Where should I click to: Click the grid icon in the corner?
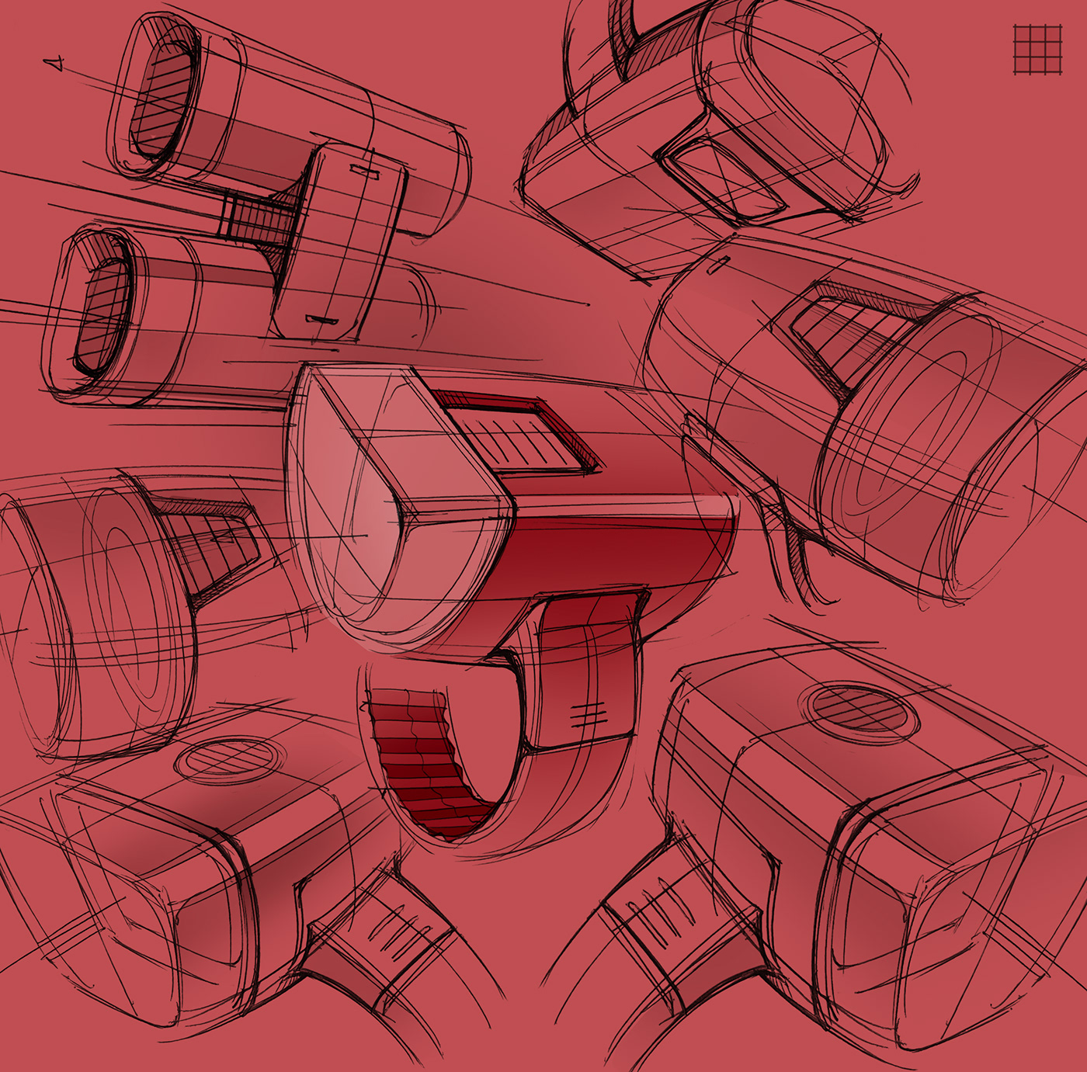[1037, 49]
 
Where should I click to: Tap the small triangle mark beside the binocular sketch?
[55, 64]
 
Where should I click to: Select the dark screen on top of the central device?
[516, 431]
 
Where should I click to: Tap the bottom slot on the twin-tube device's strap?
[321, 319]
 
